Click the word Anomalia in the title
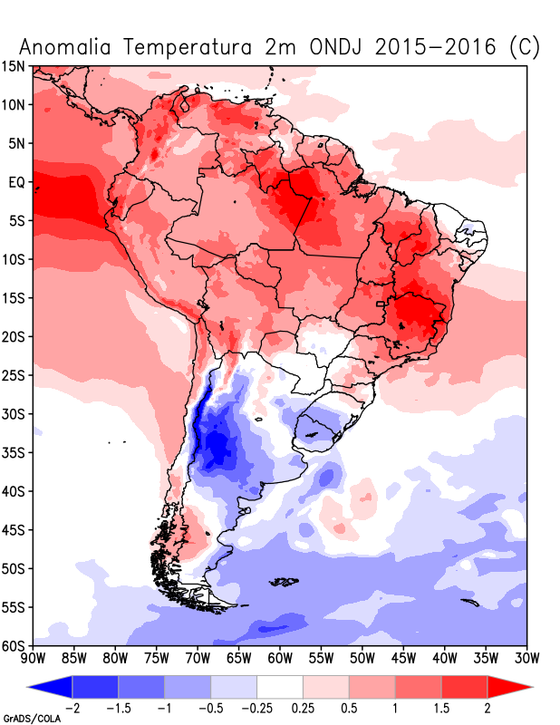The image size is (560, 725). click(x=64, y=47)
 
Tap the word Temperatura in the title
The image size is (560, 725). click(x=188, y=47)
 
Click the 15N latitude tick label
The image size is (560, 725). click(x=14, y=66)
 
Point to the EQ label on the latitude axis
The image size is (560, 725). click(x=17, y=183)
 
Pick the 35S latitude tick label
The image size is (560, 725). click(x=14, y=452)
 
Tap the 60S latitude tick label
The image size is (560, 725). click(x=14, y=645)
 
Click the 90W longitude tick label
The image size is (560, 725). click(x=34, y=658)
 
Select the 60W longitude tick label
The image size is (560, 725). click(x=280, y=658)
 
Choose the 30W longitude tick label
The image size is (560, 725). click(x=526, y=658)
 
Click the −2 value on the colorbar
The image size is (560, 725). click(x=71, y=708)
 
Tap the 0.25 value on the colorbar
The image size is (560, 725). click(x=303, y=708)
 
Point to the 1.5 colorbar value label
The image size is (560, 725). click(x=441, y=708)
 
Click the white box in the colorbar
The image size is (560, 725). click(x=280, y=687)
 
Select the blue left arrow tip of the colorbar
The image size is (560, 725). click(x=29, y=687)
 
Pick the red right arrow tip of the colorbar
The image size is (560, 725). click(x=531, y=687)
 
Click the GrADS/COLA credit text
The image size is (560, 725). click(x=32, y=719)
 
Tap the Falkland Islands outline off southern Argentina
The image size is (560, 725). click(x=284, y=581)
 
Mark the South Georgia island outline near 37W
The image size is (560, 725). click(x=469, y=603)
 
